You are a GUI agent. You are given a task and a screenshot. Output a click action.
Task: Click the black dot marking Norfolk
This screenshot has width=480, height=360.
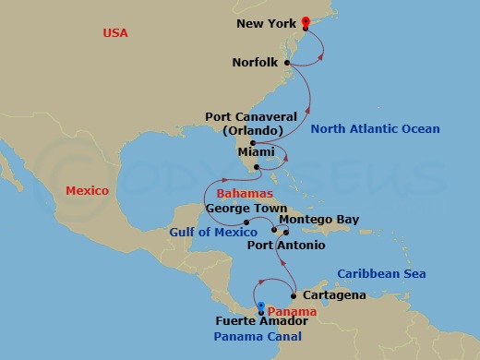point(288,63)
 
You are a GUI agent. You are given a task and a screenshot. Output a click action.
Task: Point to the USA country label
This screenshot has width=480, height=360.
point(114,34)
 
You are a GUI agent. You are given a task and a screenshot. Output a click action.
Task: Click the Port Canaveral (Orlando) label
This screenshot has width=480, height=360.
point(251,124)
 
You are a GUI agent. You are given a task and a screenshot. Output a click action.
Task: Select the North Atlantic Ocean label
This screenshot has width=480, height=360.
point(375,129)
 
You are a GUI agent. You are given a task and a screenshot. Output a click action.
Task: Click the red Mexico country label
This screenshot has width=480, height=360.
point(87,191)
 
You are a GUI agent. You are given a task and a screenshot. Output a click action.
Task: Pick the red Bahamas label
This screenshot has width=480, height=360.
point(244,194)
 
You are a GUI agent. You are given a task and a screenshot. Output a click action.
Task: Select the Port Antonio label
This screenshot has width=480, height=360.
point(287,245)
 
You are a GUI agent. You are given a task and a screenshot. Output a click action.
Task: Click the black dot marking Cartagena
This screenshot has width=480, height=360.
point(294,296)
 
